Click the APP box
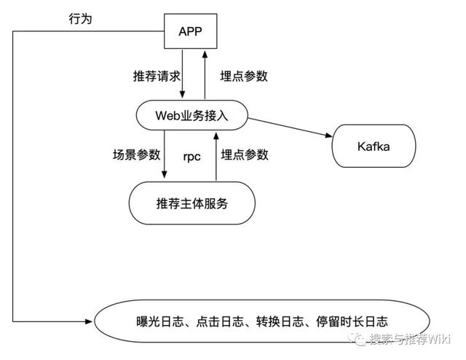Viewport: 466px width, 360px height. [x=191, y=33]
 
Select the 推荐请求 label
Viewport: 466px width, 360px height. [x=154, y=76]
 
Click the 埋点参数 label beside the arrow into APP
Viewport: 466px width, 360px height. [x=244, y=76]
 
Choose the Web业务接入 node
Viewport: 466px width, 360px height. [x=191, y=115]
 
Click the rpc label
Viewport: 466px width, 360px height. [x=191, y=155]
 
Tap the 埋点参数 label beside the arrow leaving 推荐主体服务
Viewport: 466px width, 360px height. [x=245, y=154]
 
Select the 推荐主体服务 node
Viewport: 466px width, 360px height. [x=191, y=203]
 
